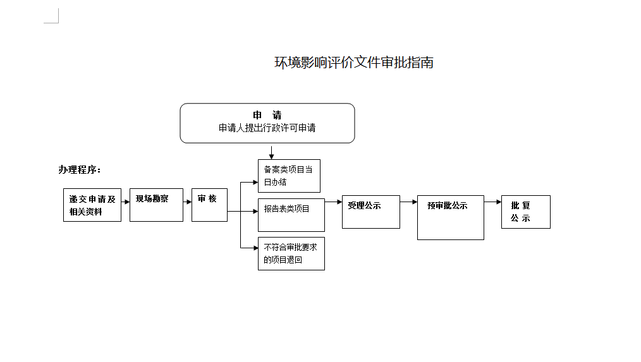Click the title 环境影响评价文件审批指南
353,63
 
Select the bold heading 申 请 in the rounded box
267,115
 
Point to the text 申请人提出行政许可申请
267,128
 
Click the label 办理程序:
79,169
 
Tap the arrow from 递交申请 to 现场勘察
126,202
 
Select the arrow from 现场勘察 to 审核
188,202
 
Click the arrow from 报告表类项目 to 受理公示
334,202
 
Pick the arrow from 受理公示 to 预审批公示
409,202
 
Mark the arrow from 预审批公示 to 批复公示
493,202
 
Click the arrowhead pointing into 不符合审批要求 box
255,248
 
